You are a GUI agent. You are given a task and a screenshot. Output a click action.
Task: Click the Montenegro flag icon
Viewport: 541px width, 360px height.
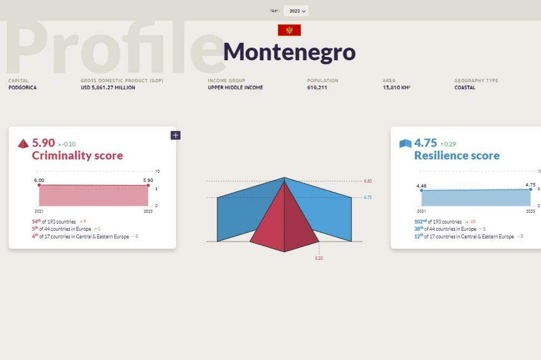pyautogui.click(x=289, y=30)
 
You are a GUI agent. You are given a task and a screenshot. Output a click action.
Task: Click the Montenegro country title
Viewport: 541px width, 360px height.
pyautogui.click(x=289, y=52)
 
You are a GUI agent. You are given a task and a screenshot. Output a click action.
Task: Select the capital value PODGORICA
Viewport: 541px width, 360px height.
pyautogui.click(x=23, y=88)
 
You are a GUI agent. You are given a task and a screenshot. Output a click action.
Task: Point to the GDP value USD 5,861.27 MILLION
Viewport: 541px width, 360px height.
pyautogui.click(x=108, y=88)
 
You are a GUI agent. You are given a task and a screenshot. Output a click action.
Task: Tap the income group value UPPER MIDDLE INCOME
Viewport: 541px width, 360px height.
pyautogui.click(x=235, y=88)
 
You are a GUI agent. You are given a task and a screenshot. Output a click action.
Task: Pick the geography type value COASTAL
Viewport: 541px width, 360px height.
pyautogui.click(x=465, y=88)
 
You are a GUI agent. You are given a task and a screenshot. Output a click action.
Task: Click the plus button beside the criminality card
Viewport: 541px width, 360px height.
pyautogui.click(x=175, y=135)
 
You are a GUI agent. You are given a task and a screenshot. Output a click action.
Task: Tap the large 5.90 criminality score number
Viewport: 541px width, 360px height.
pyautogui.click(x=43, y=143)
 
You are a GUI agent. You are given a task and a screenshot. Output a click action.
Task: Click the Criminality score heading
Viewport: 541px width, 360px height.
pyautogui.click(x=77, y=156)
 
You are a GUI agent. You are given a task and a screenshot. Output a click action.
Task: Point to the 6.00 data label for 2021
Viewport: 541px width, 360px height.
pyautogui.click(x=39, y=180)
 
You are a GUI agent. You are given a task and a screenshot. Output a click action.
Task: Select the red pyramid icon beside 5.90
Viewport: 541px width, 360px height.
pyautogui.click(x=23, y=144)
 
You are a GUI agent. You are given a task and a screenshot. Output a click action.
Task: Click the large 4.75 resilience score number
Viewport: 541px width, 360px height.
pyautogui.click(x=425, y=143)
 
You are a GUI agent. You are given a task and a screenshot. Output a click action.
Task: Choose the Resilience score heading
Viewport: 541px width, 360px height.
pyautogui.click(x=457, y=156)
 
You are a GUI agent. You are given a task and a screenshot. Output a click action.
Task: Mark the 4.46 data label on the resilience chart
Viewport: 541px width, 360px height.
pyautogui.click(x=421, y=185)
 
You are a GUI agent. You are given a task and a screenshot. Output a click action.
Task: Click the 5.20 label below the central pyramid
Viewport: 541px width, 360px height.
pyautogui.click(x=319, y=258)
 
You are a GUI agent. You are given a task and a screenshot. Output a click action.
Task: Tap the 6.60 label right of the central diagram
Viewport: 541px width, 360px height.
pyautogui.click(x=367, y=181)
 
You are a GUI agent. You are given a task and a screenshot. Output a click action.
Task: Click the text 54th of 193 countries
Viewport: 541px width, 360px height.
pyautogui.click(x=54, y=222)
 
